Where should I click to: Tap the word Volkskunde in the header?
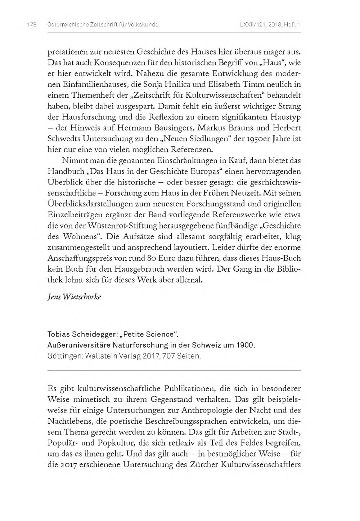pos(141,25)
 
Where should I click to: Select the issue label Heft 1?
pos(292,25)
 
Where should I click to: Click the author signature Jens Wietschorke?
pos(74,297)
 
